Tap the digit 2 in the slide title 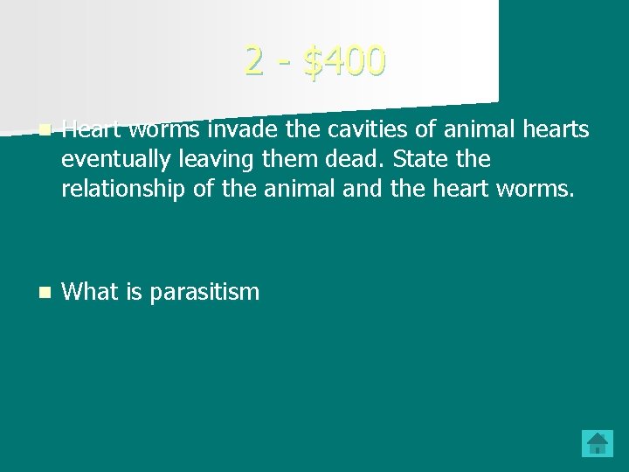tap(254, 60)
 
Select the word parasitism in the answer tap(204, 292)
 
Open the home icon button tap(598, 442)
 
